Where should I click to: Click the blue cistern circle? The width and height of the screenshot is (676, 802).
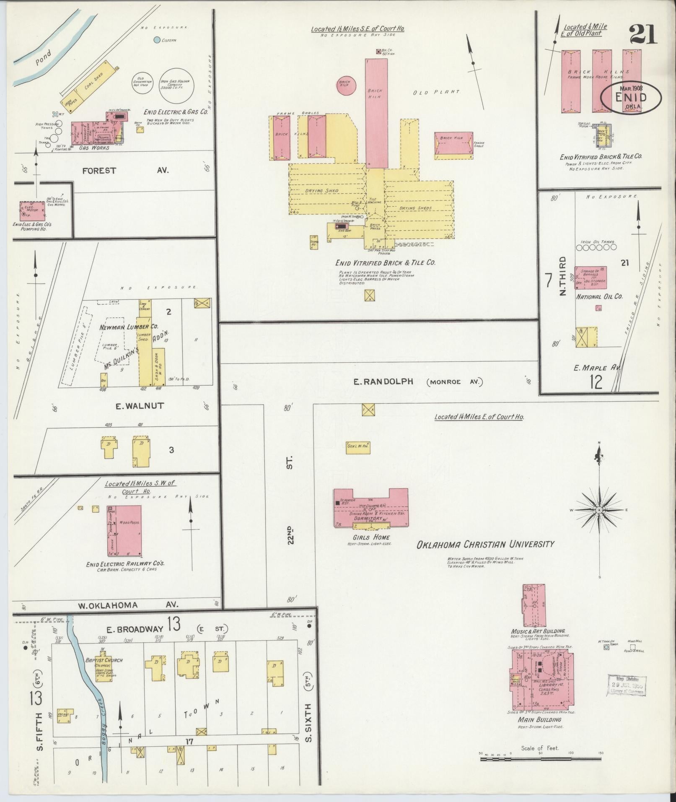[157, 40]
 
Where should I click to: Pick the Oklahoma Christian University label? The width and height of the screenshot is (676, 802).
[485, 545]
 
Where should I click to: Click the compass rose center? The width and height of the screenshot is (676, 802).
[599, 510]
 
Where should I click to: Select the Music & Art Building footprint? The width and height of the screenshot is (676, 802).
[534, 605]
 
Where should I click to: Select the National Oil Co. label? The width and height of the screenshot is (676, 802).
[599, 296]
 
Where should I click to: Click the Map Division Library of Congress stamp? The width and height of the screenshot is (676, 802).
[626, 685]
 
